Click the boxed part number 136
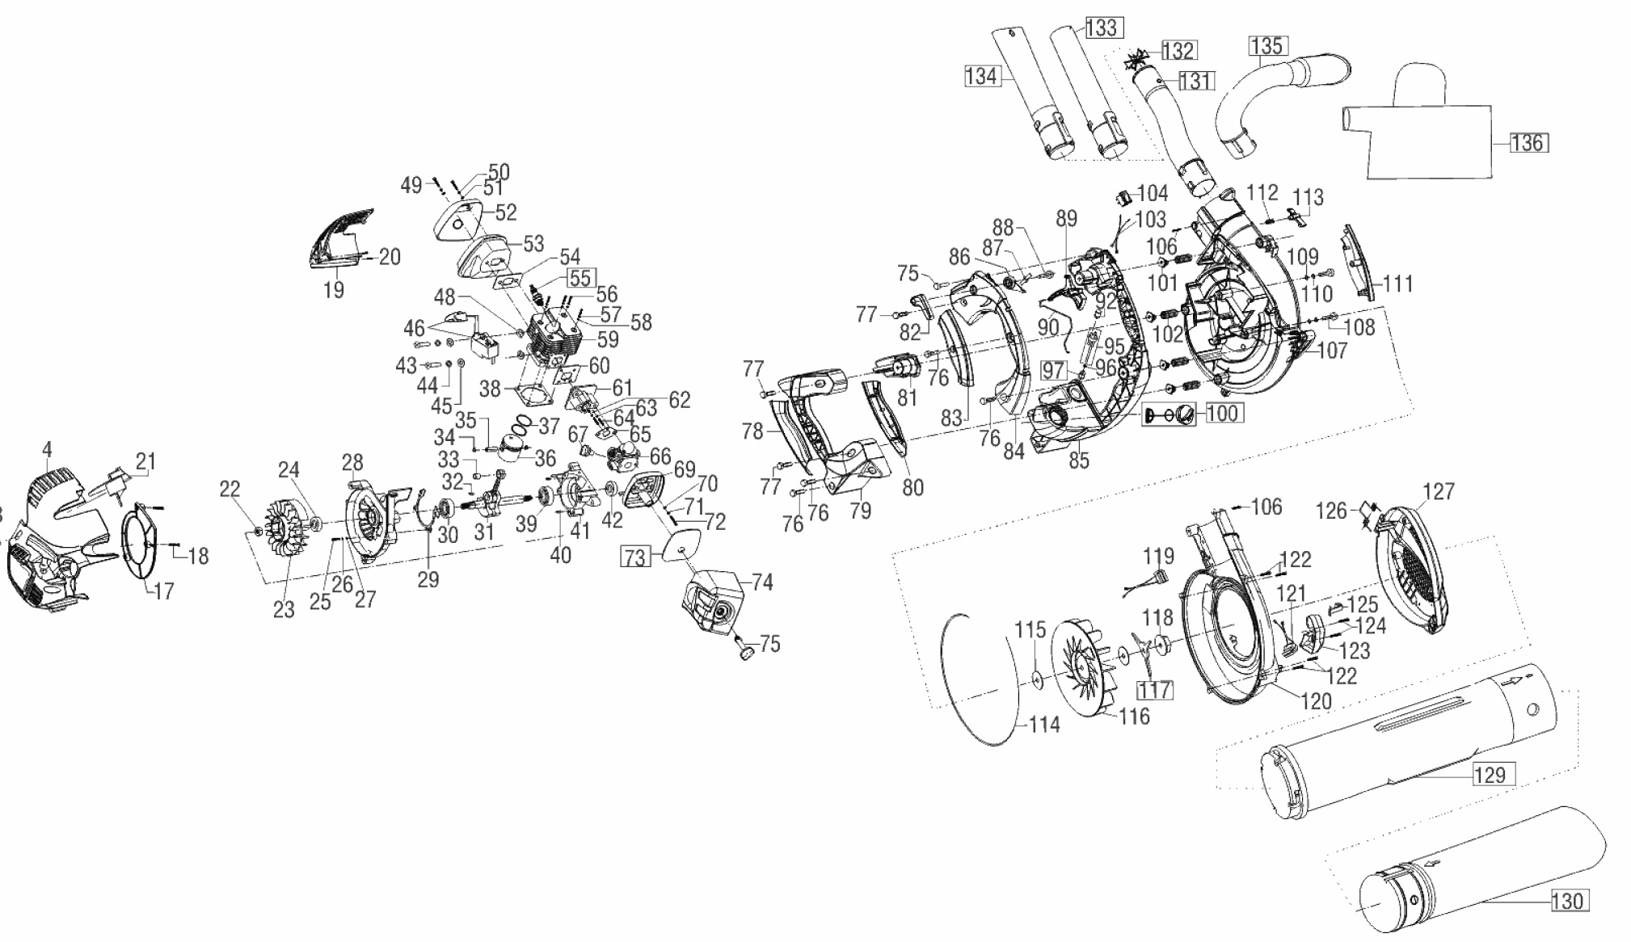pyautogui.click(x=1527, y=143)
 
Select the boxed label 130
pyautogui.click(x=1568, y=901)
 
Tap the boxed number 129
pyautogui.click(x=1490, y=774)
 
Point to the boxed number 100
pyautogui.click(x=1222, y=413)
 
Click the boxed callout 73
pyautogui.click(x=635, y=557)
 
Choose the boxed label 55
pyautogui.click(x=579, y=278)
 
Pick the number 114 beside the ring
pyautogui.click(x=1043, y=725)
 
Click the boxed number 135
pyautogui.click(x=1266, y=46)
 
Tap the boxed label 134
pyautogui.click(x=981, y=77)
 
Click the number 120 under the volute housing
pyautogui.click(x=1316, y=701)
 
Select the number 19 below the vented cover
pyautogui.click(x=334, y=289)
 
